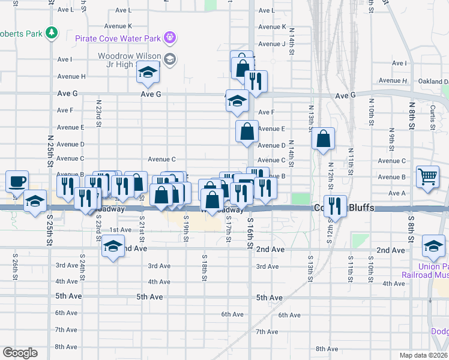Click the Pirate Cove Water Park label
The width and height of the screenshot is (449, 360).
point(118,38)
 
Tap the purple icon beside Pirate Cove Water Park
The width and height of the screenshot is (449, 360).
point(170,38)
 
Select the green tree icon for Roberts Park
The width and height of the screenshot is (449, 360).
point(53,33)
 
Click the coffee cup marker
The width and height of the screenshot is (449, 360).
point(17,181)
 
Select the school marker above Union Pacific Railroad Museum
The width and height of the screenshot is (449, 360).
point(433,245)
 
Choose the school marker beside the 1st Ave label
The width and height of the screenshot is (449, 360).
point(112,245)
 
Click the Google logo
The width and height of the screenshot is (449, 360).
point(20,353)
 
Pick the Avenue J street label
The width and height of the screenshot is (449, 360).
point(271,44)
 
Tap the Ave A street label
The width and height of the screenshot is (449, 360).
point(397,193)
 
